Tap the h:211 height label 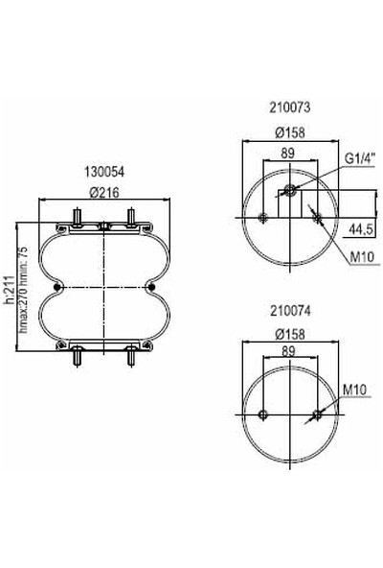(9, 288)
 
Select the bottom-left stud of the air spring (76, 360)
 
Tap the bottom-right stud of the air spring (130, 360)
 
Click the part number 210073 (288, 109)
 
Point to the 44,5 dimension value (360, 229)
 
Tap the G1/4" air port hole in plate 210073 (288, 188)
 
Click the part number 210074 (288, 311)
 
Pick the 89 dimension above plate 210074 (288, 352)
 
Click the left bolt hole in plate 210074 (261, 414)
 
